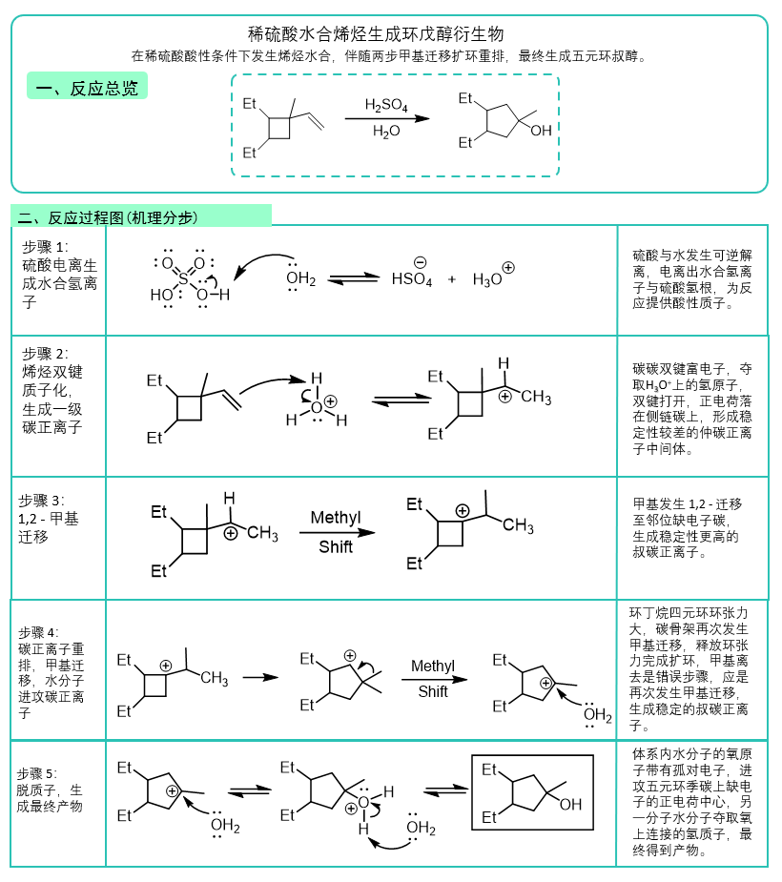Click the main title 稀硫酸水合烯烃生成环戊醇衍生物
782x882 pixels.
(x=376, y=34)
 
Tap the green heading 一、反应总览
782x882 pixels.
(x=87, y=88)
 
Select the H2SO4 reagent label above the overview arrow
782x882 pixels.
(x=386, y=105)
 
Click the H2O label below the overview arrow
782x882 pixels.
(x=386, y=131)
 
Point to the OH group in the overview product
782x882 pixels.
(x=541, y=131)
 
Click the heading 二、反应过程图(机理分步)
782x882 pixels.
(x=108, y=217)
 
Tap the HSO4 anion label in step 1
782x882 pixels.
(x=412, y=279)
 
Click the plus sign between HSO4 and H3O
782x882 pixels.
(x=452, y=279)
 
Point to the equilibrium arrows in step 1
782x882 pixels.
(x=353, y=278)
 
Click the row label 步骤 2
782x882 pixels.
(x=45, y=353)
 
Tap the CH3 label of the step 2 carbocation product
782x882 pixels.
(x=536, y=397)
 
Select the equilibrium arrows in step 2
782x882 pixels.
(x=401, y=399)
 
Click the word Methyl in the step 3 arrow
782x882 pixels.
(x=336, y=518)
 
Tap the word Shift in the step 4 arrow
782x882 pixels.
(x=433, y=691)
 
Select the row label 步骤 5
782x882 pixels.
(x=36, y=773)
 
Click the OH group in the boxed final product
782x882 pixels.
(x=570, y=805)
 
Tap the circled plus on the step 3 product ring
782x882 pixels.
(x=463, y=511)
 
